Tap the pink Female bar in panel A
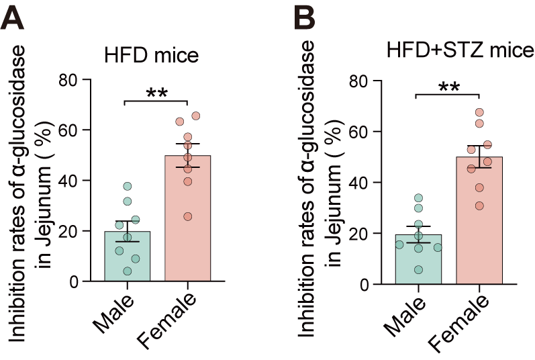point(188,222)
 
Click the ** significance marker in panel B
point(449,87)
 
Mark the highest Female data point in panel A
point(196,116)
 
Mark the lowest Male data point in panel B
point(418,270)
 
